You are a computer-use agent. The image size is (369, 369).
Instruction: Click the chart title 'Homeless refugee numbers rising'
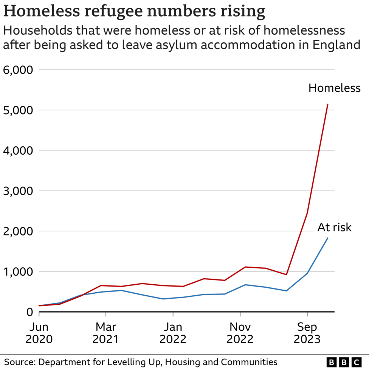(134, 11)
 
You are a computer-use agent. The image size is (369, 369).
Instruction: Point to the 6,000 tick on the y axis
(17, 70)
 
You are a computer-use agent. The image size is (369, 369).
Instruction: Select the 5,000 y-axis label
(17, 110)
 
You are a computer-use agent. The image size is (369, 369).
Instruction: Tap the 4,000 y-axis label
(17, 150)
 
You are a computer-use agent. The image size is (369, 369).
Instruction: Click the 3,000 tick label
(17, 191)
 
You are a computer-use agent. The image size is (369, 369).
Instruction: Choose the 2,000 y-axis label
(17, 231)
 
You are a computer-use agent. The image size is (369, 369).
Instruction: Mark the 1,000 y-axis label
(17, 272)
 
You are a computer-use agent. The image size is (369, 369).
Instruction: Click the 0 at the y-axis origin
(29, 312)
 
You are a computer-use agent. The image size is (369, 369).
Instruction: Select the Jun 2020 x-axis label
(39, 333)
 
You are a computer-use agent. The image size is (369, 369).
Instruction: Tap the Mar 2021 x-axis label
(106, 333)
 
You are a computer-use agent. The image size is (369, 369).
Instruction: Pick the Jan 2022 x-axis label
(173, 333)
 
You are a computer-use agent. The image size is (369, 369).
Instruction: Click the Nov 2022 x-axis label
(240, 333)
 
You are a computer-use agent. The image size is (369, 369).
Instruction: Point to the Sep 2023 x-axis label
(307, 333)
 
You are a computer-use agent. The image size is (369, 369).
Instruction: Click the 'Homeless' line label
(334, 88)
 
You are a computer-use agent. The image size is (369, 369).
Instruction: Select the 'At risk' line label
(334, 227)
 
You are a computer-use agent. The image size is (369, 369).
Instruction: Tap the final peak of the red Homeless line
(328, 104)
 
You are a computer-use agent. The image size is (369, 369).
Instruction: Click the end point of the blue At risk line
(328, 238)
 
